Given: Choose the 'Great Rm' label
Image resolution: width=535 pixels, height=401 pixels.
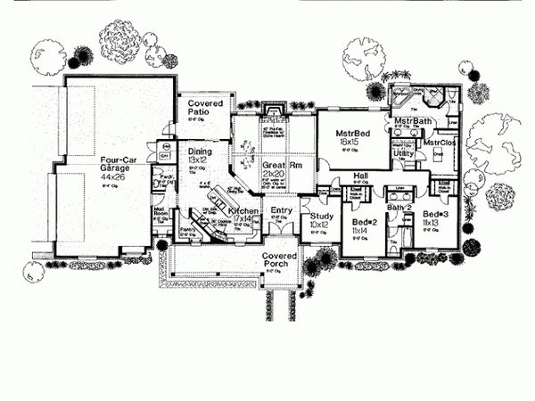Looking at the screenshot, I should [x=279, y=166].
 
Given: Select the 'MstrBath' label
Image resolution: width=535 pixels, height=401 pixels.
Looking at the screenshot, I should [x=413, y=121].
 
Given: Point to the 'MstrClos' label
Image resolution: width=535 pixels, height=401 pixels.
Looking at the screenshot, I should [x=440, y=143].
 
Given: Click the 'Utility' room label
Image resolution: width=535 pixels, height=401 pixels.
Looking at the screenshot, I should [x=403, y=153].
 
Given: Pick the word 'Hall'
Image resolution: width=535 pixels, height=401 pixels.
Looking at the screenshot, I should [x=360, y=176].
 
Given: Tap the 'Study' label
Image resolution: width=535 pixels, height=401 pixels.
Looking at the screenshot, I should [x=318, y=215].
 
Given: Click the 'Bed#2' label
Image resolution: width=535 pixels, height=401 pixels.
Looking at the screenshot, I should [x=362, y=220].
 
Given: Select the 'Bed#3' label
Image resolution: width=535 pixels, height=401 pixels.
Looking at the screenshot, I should [x=434, y=216].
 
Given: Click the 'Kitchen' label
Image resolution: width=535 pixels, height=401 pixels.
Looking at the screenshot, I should [x=243, y=211].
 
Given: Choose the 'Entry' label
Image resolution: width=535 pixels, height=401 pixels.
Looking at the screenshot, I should [x=281, y=211].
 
